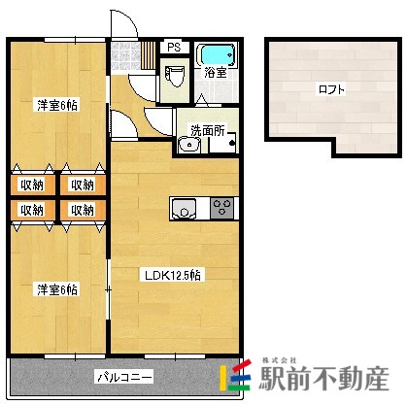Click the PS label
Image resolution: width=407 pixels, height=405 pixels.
(x=174, y=47)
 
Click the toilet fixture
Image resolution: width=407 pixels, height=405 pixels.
(x=175, y=76)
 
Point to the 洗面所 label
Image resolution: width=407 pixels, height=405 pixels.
(x=207, y=128)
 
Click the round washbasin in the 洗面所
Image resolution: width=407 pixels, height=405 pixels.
(x=188, y=147)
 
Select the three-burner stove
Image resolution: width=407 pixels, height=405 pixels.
(x=221, y=207)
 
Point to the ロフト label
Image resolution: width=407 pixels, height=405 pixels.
(x=331, y=89)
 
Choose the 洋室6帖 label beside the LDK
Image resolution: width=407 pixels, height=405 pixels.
(x=57, y=289)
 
